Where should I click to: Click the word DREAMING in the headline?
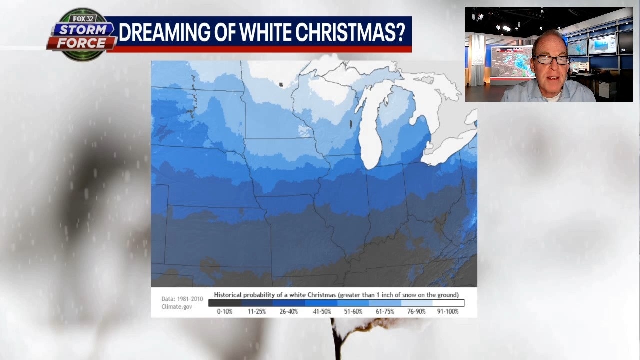click(x=155, y=32)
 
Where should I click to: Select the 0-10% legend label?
click(x=224, y=311)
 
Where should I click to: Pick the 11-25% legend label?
click(x=257, y=311)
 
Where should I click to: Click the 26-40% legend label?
click(x=289, y=311)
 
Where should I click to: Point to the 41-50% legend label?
click(x=321, y=311)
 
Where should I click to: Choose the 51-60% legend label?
click(x=353, y=311)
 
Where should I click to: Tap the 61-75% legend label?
click(x=385, y=311)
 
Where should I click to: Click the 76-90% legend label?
click(x=416, y=311)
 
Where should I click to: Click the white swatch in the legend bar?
click(x=448, y=303)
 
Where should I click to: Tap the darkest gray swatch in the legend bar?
click(x=225, y=303)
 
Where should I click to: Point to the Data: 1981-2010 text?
click(x=182, y=299)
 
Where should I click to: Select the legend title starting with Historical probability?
click(x=336, y=295)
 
